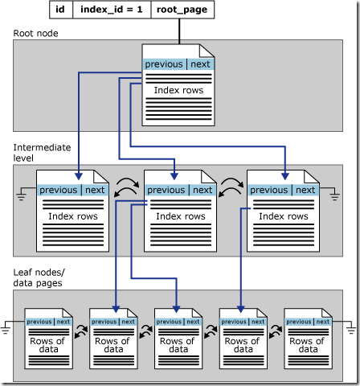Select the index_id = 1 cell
coord(111,10)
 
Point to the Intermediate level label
coord(42,153)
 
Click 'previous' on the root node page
coord(164,64)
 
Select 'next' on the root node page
coord(200,64)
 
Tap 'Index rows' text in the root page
coord(178,90)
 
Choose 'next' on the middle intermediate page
coord(202,190)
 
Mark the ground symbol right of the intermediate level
coord(334,194)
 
